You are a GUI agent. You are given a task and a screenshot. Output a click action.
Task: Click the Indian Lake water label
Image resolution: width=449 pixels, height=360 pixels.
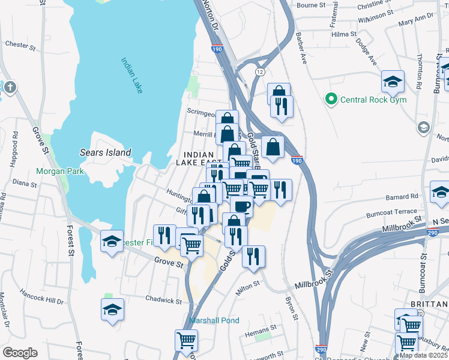point(131,75)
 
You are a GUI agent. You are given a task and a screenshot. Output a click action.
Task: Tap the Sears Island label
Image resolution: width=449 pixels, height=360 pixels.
point(105,152)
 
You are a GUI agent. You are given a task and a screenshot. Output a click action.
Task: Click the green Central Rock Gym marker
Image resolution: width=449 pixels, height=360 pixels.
point(330,99)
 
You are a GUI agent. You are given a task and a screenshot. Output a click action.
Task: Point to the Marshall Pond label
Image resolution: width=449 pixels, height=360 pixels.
point(214,320)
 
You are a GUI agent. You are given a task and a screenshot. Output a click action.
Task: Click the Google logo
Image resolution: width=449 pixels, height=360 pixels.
point(20,353)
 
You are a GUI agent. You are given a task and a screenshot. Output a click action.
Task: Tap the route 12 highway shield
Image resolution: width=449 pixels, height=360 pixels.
point(259,71)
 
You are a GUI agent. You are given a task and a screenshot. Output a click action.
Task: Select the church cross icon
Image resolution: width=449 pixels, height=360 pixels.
point(10,88)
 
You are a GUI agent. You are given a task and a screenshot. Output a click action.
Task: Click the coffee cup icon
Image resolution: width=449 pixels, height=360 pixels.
point(241,206)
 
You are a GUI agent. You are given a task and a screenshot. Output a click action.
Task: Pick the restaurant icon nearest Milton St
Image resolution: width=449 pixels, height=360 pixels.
point(253,256)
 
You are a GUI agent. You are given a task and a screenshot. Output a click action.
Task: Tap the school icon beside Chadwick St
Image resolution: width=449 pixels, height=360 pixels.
point(112,310)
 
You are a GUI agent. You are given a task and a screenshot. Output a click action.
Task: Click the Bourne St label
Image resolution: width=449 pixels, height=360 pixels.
point(310,5)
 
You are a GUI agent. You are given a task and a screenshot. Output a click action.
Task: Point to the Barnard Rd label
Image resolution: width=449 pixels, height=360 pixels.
point(402,196)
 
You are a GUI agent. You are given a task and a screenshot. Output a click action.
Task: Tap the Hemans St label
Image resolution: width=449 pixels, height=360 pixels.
point(261,328)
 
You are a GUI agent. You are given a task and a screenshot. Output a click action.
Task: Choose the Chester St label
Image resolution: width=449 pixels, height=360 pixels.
point(17,44)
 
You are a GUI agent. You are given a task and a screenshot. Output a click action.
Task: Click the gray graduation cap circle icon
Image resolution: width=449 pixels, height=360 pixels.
point(424,127)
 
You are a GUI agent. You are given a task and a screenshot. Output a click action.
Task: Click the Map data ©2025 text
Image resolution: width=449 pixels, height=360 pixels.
point(423,355)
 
